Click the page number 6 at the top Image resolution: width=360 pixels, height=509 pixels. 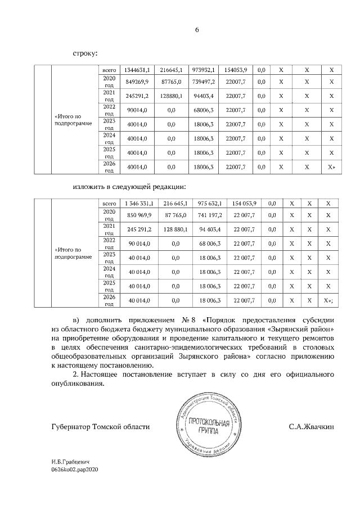[x=197, y=30]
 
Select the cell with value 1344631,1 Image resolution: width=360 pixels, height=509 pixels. [x=136, y=70]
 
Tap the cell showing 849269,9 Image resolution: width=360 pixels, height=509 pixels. [x=136, y=82]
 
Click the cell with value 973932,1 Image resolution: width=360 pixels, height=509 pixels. [x=202, y=70]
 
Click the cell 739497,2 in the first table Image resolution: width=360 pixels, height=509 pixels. [x=202, y=82]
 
